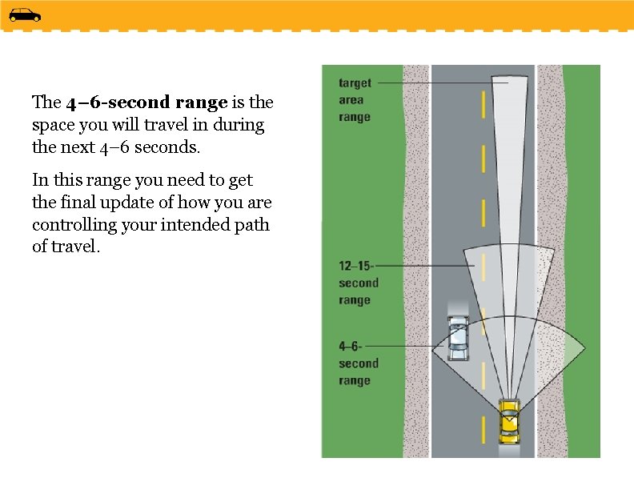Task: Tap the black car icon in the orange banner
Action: point(24,14)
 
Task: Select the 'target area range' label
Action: point(355,100)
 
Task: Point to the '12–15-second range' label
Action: point(358,283)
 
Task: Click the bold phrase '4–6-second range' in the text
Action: point(146,102)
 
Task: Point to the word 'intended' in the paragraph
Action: point(189,225)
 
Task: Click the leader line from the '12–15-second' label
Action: point(424,265)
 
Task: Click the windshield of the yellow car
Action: point(508,416)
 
